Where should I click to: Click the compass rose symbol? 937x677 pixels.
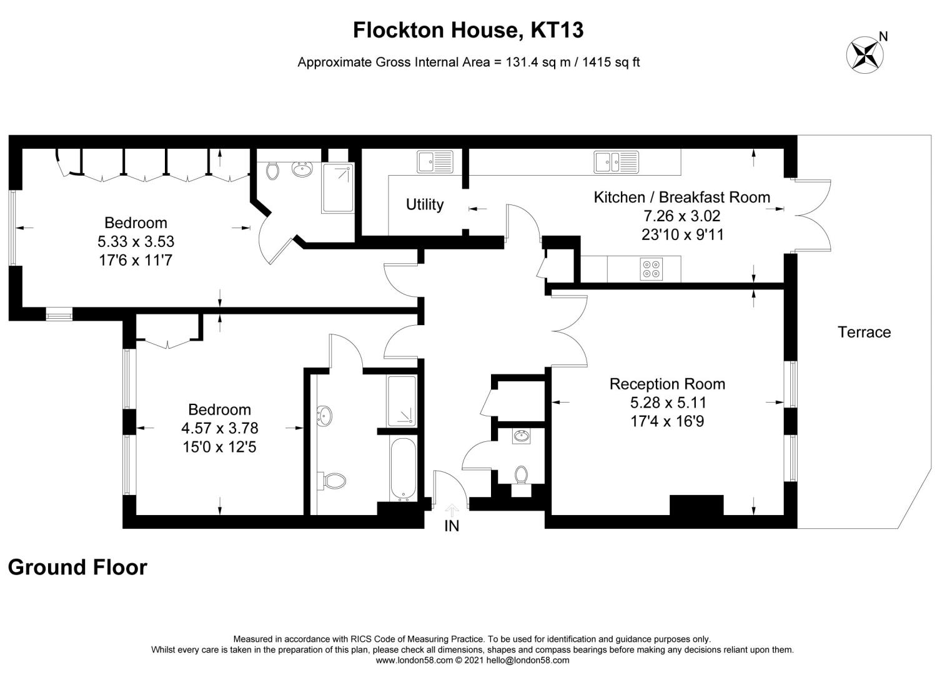point(865,54)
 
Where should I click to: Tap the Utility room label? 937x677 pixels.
point(425,204)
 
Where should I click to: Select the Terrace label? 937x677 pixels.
point(864,332)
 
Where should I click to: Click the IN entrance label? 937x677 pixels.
point(452,526)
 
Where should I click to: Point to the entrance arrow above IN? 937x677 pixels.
point(452,508)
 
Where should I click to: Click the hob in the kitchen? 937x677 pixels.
point(650,269)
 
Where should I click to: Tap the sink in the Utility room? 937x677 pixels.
point(435,162)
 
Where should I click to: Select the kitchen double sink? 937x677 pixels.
point(616,161)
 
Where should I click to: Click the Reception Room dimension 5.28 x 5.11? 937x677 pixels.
point(668,403)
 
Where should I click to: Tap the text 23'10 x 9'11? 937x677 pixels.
point(682,234)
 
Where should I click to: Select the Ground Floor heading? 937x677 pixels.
point(77,567)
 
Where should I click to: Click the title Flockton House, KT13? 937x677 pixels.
point(468,30)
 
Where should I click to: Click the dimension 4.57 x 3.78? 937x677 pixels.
point(219,428)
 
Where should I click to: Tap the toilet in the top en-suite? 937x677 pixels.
point(272,170)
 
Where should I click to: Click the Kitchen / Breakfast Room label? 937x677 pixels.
point(682,198)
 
